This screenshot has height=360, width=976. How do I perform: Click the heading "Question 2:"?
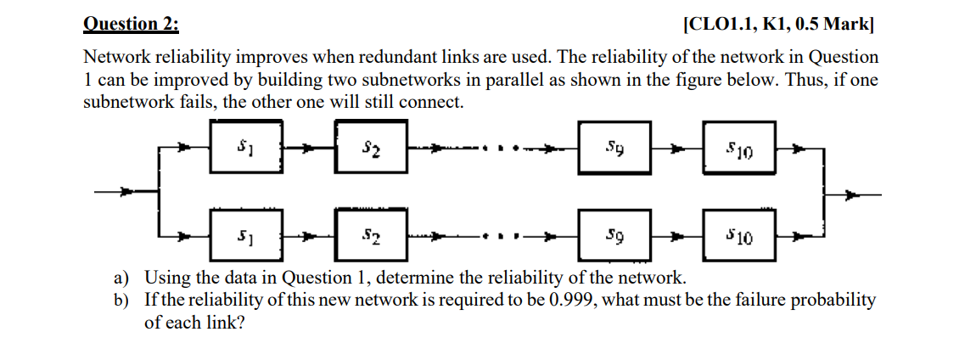pyautogui.click(x=132, y=24)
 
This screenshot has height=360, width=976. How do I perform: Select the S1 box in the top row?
pyautogui.click(x=246, y=150)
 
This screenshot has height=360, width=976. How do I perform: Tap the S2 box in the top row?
pyautogui.click(x=371, y=150)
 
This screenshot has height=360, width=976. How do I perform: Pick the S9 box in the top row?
pyautogui.click(x=614, y=150)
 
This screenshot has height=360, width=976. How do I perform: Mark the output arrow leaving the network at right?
pyautogui.click(x=853, y=194)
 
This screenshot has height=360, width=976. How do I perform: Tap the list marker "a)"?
pyautogui.click(x=123, y=278)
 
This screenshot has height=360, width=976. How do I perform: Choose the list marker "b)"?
pyautogui.click(x=123, y=300)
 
